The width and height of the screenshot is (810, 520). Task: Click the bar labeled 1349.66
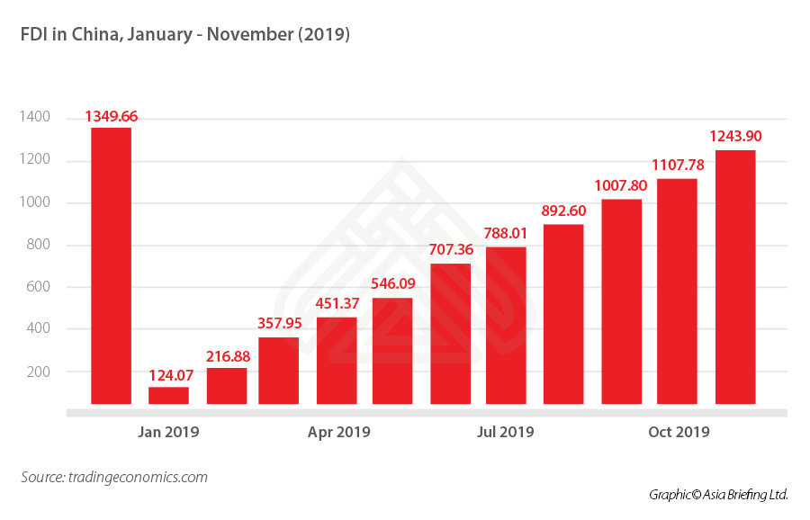(x=111, y=265)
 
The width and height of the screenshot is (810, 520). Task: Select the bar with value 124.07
(x=168, y=395)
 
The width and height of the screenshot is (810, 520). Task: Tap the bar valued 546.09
(x=392, y=351)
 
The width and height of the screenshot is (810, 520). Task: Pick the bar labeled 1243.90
(x=735, y=277)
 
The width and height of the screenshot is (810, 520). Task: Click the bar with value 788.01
(x=506, y=326)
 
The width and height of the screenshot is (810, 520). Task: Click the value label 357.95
(x=279, y=322)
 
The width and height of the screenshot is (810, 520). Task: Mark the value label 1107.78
(x=677, y=165)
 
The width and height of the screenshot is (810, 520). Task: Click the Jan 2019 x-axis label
(x=168, y=433)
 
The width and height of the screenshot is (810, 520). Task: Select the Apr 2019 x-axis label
(x=338, y=433)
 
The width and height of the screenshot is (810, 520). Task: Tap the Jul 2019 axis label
(x=505, y=433)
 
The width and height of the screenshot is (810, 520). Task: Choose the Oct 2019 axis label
(x=679, y=433)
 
